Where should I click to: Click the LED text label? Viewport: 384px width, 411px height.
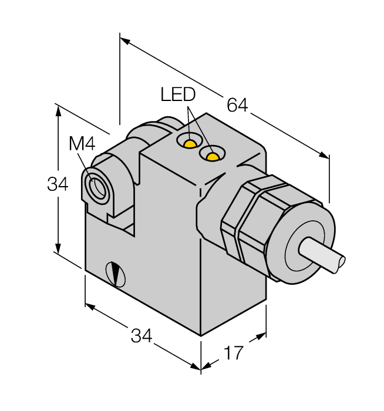click(x=178, y=95)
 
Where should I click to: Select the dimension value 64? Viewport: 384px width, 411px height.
click(x=238, y=106)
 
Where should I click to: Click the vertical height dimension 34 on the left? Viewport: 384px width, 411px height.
click(x=58, y=184)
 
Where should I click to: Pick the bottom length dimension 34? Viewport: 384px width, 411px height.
click(x=142, y=336)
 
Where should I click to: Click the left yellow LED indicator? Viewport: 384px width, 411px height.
click(x=189, y=143)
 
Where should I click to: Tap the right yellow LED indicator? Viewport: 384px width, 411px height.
click(x=211, y=155)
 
